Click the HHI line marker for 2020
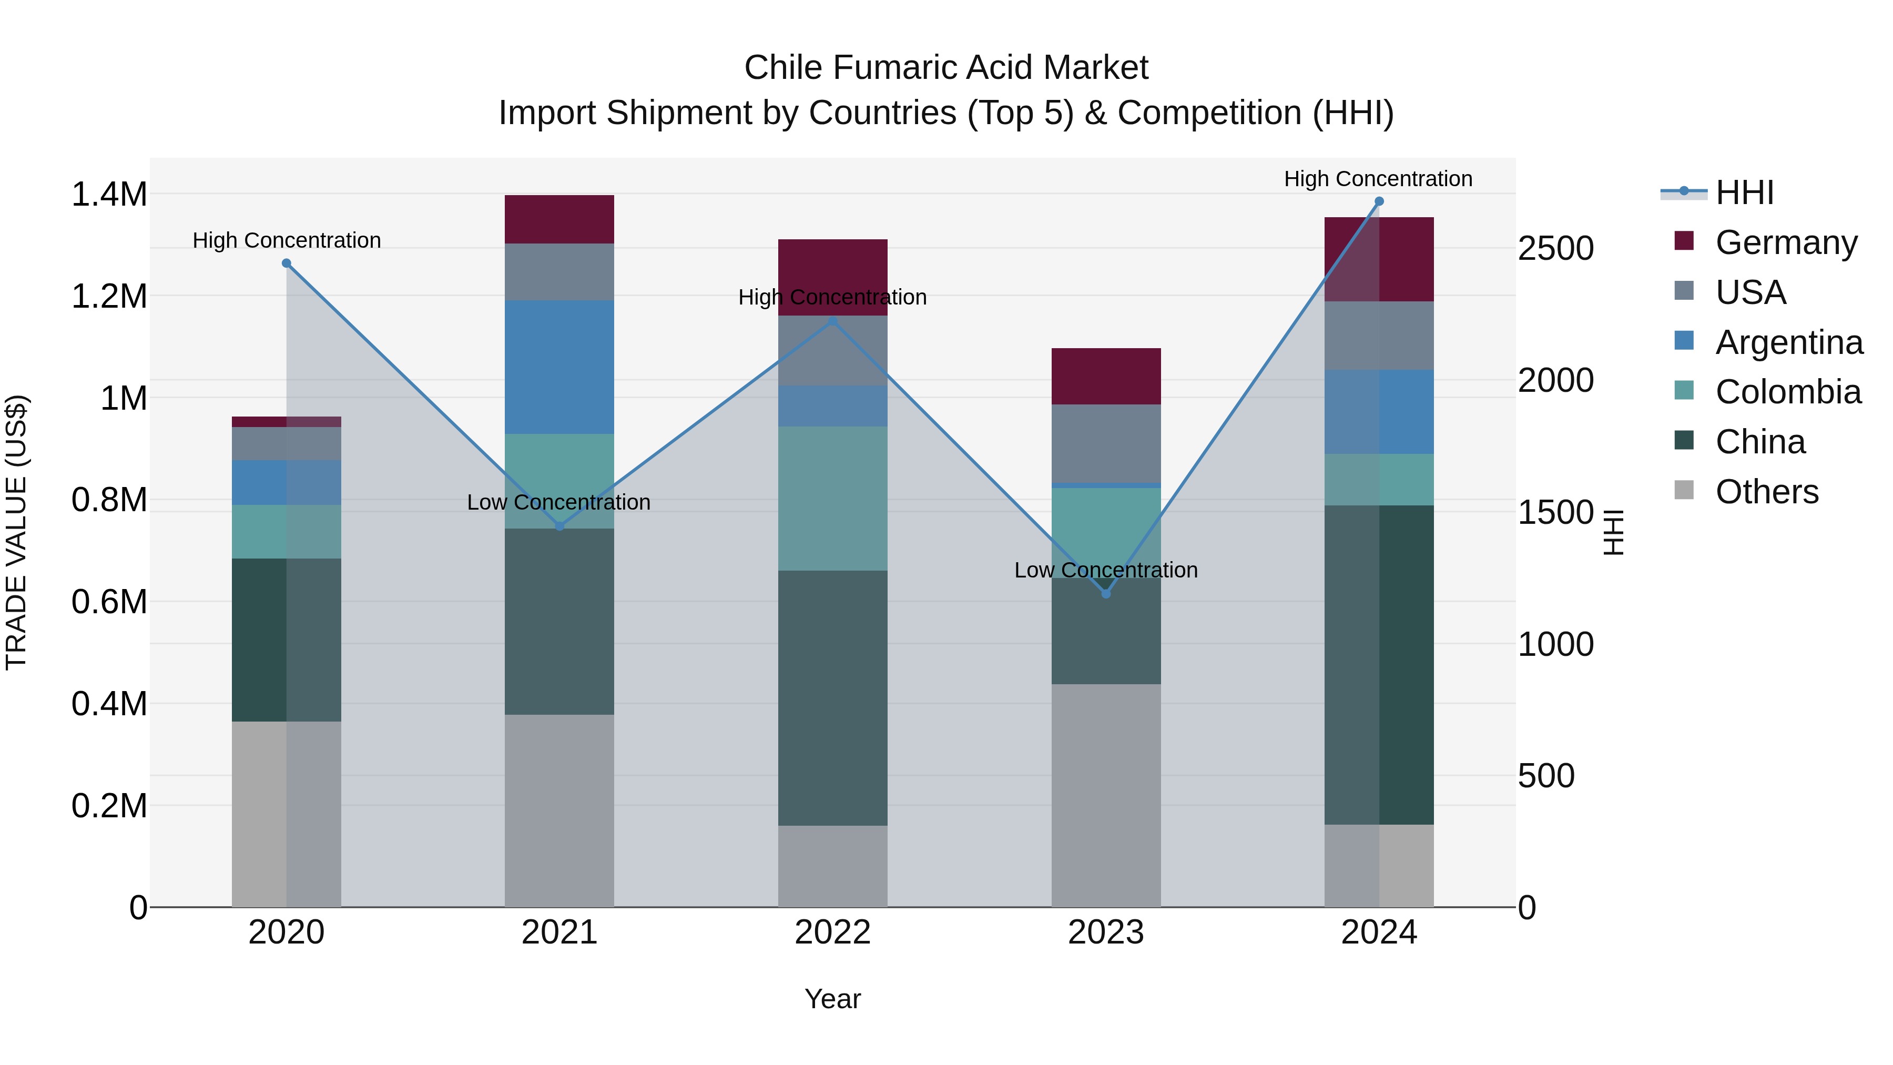(x=287, y=263)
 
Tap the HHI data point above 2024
(x=1379, y=201)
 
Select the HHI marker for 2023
(x=1106, y=593)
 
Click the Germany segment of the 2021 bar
(x=559, y=219)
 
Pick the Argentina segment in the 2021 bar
(x=559, y=367)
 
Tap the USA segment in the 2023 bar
(x=1106, y=443)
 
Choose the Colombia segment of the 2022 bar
(x=832, y=499)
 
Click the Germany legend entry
(x=1786, y=242)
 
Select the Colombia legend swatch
(x=1684, y=390)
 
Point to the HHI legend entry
(x=1744, y=192)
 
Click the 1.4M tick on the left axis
(x=109, y=195)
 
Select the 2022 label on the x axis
(x=832, y=932)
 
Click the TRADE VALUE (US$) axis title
(x=16, y=532)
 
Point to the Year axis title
(x=832, y=999)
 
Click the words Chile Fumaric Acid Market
(x=946, y=68)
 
